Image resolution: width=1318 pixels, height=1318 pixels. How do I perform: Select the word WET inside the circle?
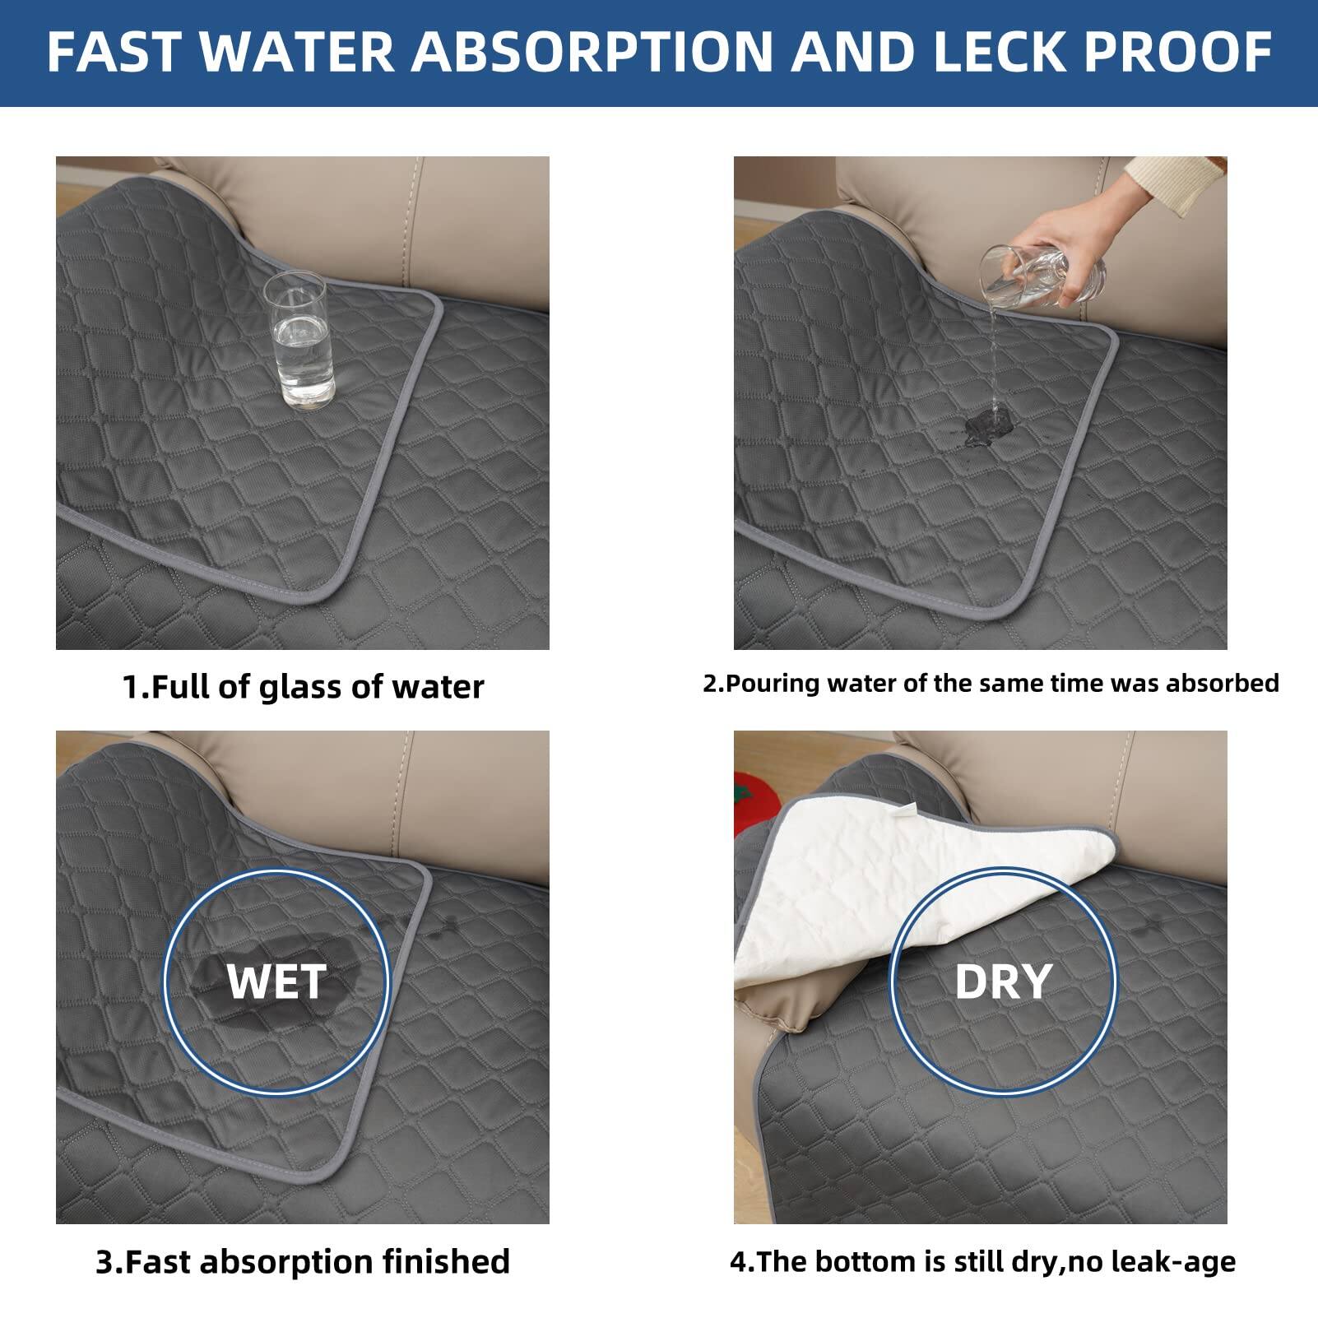[x=276, y=982]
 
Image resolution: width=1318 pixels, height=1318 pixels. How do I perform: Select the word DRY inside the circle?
[x=1003, y=982]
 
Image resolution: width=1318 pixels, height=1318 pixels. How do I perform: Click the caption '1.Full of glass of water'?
[x=303, y=687]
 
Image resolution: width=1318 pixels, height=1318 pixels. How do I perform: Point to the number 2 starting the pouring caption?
[x=710, y=684]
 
